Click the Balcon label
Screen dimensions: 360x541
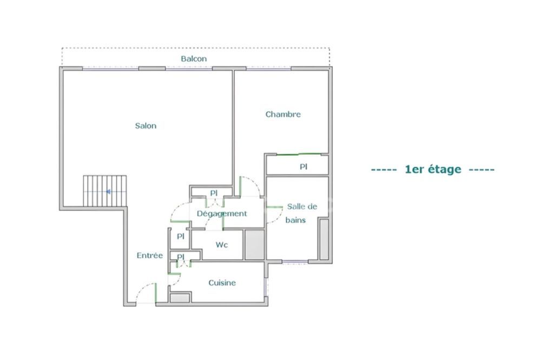click(x=194, y=58)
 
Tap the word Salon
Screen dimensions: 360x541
click(x=146, y=126)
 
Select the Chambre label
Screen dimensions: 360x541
click(x=283, y=115)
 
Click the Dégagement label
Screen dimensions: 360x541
click(x=222, y=214)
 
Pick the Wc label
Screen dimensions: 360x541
click(x=222, y=245)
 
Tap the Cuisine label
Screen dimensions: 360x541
click(x=222, y=283)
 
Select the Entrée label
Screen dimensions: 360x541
click(x=149, y=256)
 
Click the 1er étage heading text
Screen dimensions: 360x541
click(x=433, y=169)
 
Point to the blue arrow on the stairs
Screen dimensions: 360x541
click(x=109, y=191)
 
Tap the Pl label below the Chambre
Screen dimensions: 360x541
click(x=304, y=167)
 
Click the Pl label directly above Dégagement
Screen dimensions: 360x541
click(x=214, y=193)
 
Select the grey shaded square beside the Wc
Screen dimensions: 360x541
click(x=253, y=244)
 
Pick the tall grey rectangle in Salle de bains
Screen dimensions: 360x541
click(x=324, y=239)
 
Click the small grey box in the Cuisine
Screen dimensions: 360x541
click(x=180, y=297)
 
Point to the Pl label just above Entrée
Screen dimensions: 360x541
click(x=181, y=236)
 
